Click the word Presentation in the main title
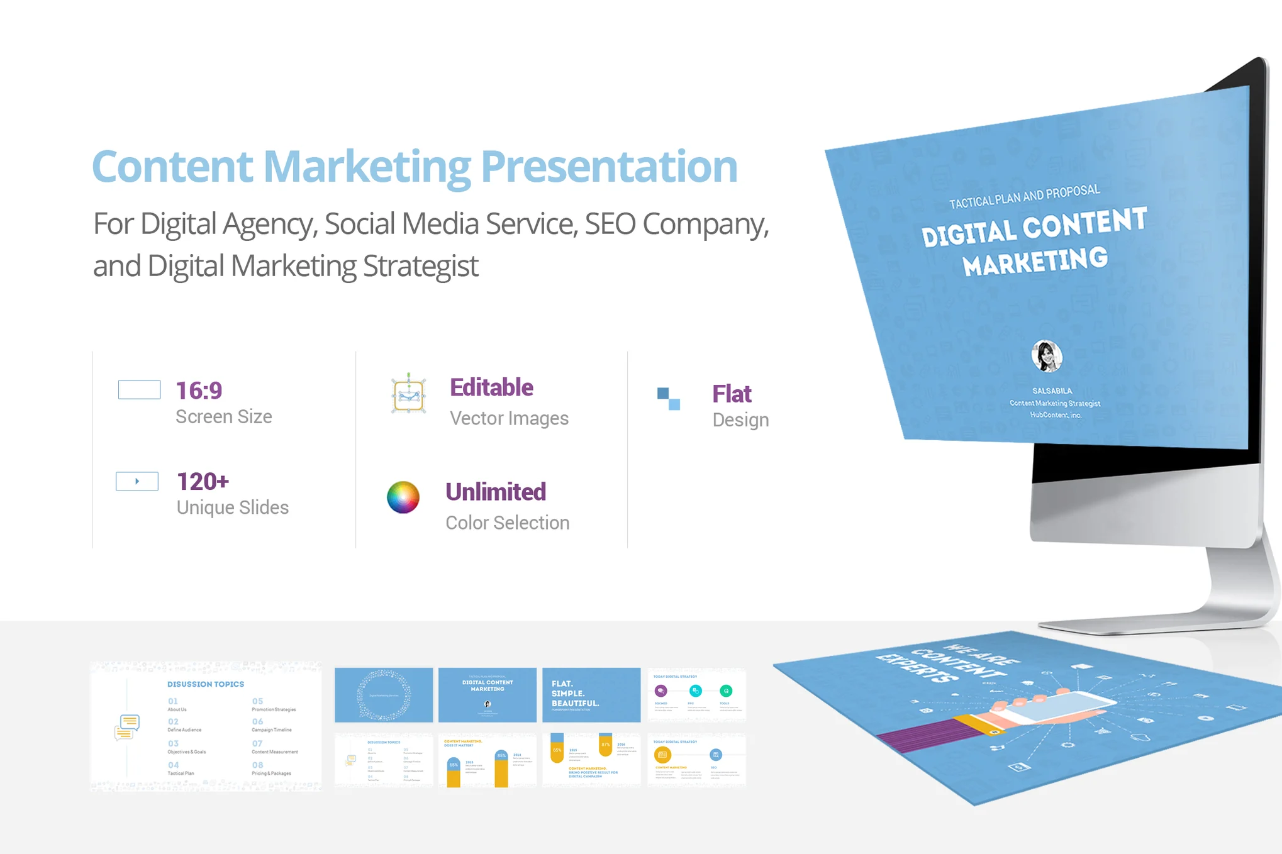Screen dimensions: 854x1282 pos(608,167)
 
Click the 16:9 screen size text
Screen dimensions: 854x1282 pos(199,391)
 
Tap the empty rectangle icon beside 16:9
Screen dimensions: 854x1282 pos(139,390)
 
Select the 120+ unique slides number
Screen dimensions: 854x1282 pos(203,482)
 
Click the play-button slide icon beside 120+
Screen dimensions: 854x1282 pos(137,481)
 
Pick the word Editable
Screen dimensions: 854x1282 pos(491,387)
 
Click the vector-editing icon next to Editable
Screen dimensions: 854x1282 pos(408,394)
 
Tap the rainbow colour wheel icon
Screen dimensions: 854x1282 pos(403,497)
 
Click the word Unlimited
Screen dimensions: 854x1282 pos(496,492)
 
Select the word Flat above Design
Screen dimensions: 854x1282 pos(732,394)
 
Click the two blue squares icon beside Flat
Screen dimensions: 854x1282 pos(668,399)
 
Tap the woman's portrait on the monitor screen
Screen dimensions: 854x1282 pos(1046,356)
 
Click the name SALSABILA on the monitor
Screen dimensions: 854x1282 pos(1052,391)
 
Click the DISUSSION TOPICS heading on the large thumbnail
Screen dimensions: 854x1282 pos(205,684)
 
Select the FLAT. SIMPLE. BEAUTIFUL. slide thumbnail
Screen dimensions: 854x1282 pos(591,694)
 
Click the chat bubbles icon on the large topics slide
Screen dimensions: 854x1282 pos(127,727)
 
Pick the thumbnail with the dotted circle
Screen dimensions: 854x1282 pos(384,694)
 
